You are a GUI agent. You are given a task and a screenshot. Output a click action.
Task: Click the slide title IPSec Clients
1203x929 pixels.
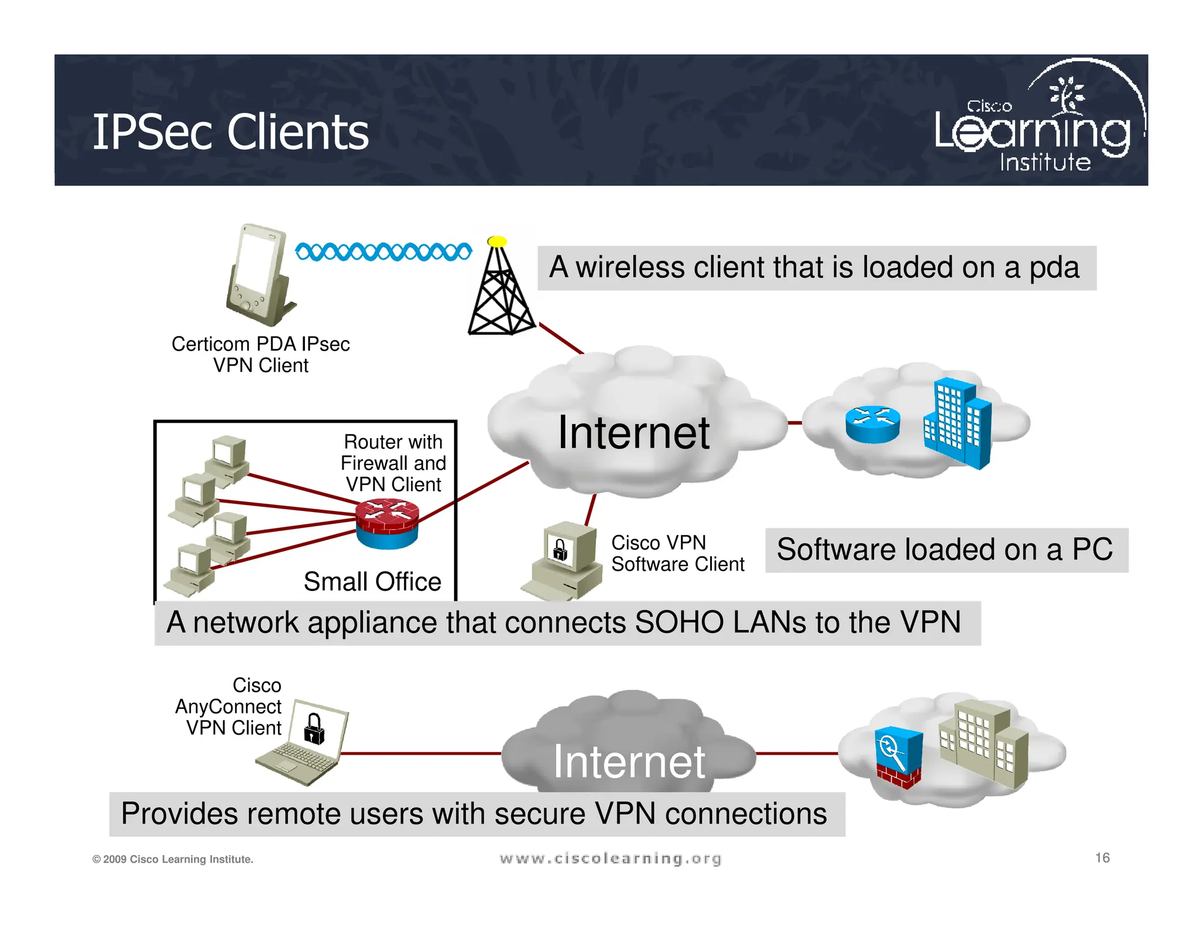[x=230, y=132]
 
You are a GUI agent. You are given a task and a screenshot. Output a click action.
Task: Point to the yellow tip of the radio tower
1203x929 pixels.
[x=497, y=241]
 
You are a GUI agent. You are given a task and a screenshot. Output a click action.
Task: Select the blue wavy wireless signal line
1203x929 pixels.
[x=383, y=252]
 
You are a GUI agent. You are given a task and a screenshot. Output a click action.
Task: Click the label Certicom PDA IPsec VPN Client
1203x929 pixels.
[x=260, y=354]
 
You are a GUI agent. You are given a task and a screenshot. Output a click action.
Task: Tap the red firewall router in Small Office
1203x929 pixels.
[x=387, y=523]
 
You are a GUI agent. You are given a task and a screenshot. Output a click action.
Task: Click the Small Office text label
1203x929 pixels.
[x=372, y=581]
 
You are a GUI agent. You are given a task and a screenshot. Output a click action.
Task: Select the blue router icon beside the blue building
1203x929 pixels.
[x=872, y=424]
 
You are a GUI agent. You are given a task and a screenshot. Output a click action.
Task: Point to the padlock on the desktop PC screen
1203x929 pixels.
[x=560, y=550]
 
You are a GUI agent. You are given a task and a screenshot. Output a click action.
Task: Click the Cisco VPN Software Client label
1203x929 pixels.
[x=677, y=553]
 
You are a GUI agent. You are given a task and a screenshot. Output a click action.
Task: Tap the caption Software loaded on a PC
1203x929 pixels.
[x=945, y=550]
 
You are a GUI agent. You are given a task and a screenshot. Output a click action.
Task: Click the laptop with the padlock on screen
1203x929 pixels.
[x=303, y=743]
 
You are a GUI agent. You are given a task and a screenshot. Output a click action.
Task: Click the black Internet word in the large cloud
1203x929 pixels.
[x=633, y=432]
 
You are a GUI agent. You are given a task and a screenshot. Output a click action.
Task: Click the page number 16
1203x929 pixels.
[x=1102, y=858]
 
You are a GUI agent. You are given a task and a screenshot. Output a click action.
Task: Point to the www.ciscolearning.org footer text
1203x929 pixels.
[x=610, y=859]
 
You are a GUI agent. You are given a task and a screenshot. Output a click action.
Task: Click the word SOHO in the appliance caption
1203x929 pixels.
[x=679, y=622]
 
